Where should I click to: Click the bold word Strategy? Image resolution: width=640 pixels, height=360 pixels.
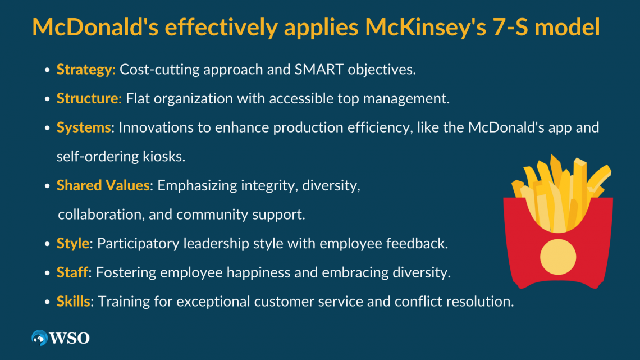pyautogui.click(x=84, y=70)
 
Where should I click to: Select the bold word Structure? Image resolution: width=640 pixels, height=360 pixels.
pyautogui.click(x=88, y=99)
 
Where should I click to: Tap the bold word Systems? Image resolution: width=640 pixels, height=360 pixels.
pyautogui.click(x=84, y=127)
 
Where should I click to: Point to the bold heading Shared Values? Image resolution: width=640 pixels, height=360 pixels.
pyautogui.click(x=103, y=186)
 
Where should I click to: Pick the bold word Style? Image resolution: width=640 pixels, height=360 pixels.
pyautogui.click(x=73, y=244)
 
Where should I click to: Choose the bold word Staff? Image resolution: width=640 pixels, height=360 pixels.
pyautogui.click(x=72, y=273)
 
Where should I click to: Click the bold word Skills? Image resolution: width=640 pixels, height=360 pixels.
pyautogui.click(x=73, y=302)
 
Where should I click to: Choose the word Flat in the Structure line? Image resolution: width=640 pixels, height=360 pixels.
pyautogui.click(x=138, y=99)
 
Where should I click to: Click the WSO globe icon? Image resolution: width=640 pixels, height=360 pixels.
pyautogui.click(x=39, y=338)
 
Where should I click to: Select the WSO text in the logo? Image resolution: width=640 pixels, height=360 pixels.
pyautogui.click(x=70, y=338)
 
